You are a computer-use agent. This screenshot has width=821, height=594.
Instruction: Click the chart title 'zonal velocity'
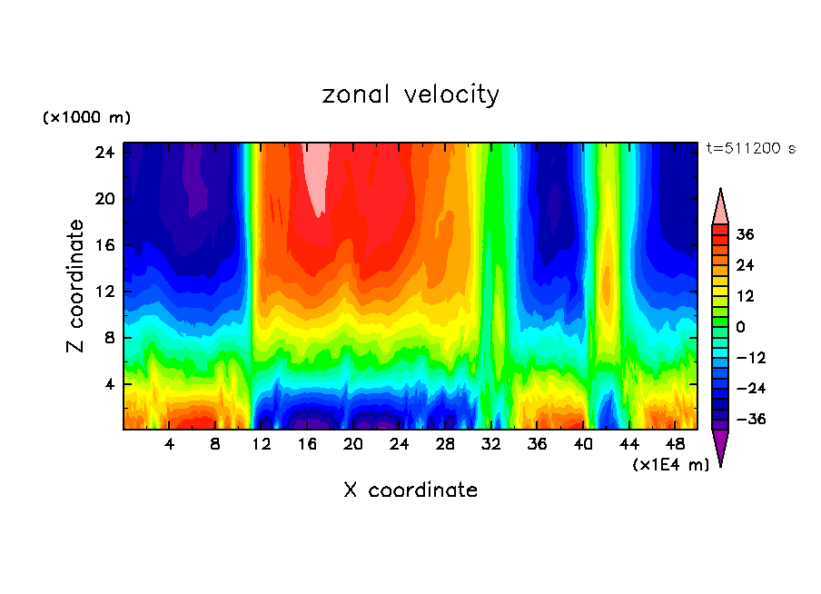pyautogui.click(x=410, y=95)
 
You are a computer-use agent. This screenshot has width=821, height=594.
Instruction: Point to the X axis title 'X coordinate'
pyautogui.click(x=410, y=490)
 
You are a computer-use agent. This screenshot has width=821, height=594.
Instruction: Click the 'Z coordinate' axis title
pyautogui.click(x=76, y=286)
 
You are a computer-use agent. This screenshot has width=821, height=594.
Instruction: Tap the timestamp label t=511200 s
pyautogui.click(x=750, y=148)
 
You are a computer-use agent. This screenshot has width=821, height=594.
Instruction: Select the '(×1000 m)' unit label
pyautogui.click(x=86, y=118)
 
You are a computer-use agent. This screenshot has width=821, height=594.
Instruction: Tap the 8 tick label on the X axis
pyautogui.click(x=215, y=444)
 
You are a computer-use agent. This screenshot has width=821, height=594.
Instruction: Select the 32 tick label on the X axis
pyautogui.click(x=491, y=444)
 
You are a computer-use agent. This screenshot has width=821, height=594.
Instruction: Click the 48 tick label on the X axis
pyautogui.click(x=675, y=444)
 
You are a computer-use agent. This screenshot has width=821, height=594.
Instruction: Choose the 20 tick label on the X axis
pyautogui.click(x=353, y=444)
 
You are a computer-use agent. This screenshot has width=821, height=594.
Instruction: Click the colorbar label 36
pyautogui.click(x=746, y=234)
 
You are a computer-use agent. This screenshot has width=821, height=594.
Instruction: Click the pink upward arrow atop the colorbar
pyautogui.click(x=720, y=208)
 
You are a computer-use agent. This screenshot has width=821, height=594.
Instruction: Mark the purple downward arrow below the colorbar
pyautogui.click(x=720, y=445)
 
